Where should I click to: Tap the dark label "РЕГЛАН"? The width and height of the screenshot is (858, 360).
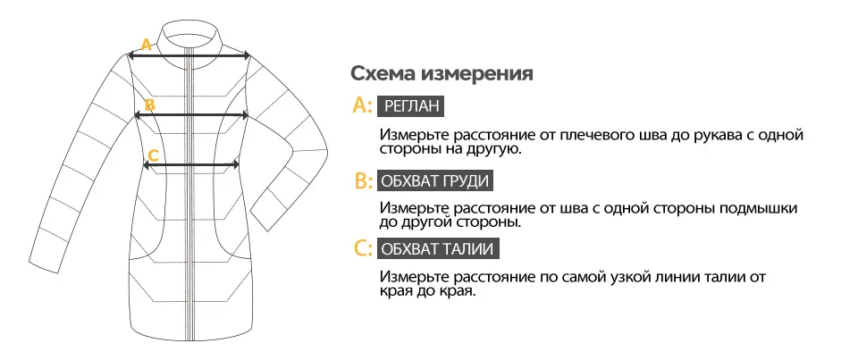pyautogui.click(x=411, y=106)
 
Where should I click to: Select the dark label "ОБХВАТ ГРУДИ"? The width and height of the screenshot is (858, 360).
pyautogui.click(x=434, y=181)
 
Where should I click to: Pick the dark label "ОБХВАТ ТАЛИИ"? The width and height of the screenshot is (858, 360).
pyautogui.click(x=437, y=248)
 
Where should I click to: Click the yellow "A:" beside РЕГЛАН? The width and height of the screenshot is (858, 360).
pyautogui.click(x=363, y=106)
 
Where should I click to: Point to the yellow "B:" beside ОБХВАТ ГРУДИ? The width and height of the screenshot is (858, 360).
pyautogui.click(x=363, y=181)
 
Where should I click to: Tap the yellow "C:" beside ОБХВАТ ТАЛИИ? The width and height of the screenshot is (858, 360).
pyautogui.click(x=363, y=248)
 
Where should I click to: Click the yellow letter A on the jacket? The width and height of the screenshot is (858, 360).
pyautogui.click(x=146, y=44)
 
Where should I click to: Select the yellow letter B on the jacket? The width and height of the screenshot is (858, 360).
pyautogui.click(x=150, y=105)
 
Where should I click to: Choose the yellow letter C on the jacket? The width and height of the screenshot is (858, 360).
pyautogui.click(x=153, y=155)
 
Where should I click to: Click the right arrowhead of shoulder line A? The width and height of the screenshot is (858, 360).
pyautogui.click(x=246, y=55)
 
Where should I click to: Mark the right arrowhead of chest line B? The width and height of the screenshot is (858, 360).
pyautogui.click(x=245, y=115)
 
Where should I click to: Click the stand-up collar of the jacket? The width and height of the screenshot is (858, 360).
pyautogui.click(x=189, y=29)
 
